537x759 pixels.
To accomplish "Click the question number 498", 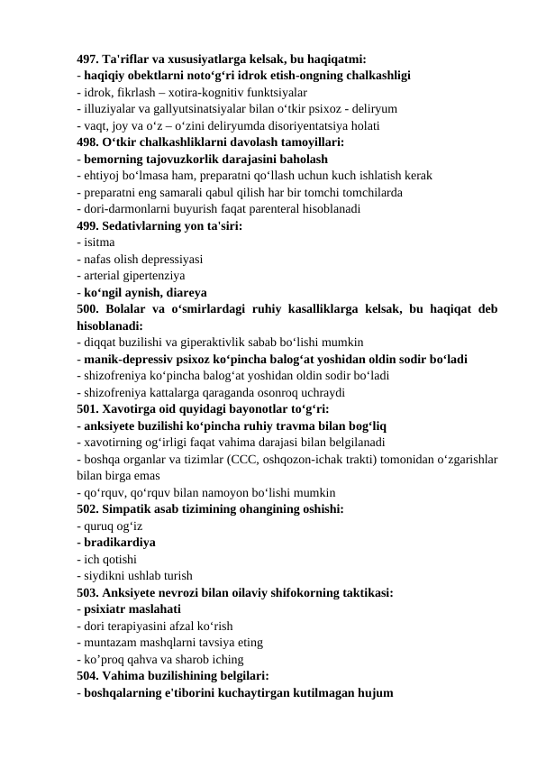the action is click(x=89, y=142).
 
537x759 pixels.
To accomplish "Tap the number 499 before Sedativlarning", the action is click(x=89, y=226).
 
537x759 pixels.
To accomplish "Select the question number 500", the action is click(x=89, y=309).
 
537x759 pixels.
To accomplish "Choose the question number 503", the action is click(x=89, y=592).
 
